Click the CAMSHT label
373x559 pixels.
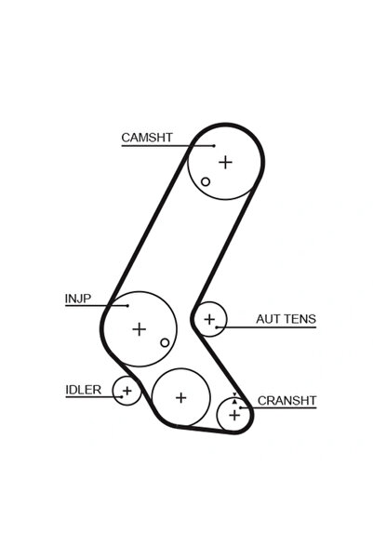[146, 138]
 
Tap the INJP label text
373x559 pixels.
[77, 299]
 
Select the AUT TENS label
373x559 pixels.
[286, 319]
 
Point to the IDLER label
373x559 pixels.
[83, 389]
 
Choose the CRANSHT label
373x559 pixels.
[286, 401]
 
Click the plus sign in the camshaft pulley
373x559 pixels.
[225, 161]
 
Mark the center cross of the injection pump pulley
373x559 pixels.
[140, 328]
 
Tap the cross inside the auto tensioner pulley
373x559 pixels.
[209, 319]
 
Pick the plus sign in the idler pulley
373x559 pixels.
[127, 391]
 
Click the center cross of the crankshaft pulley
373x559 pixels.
[234, 414]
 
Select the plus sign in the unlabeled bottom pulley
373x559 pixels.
[181, 397]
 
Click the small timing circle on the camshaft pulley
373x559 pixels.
[206, 181]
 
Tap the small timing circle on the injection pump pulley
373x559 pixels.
[165, 342]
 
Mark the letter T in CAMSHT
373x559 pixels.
[167, 138]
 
